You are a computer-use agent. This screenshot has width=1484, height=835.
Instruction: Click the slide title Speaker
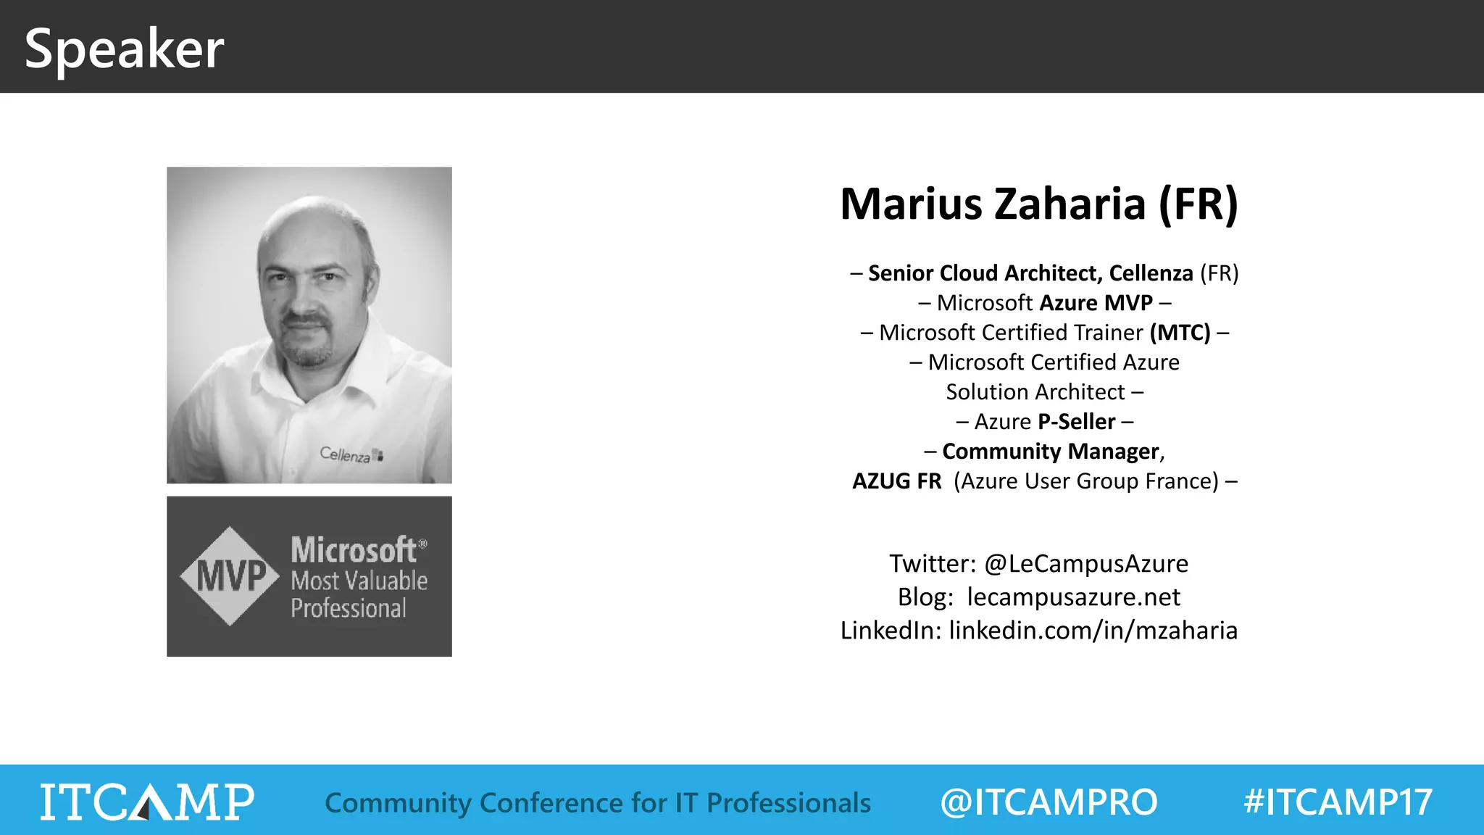[x=124, y=49]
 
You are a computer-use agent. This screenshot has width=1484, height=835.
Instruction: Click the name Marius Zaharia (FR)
[x=1038, y=204]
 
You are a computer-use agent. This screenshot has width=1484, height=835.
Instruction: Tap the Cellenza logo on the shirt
[x=351, y=454]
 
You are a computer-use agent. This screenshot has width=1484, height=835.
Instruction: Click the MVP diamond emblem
[x=230, y=576]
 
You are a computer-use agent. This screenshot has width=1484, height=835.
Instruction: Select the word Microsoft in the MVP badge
[x=354, y=550]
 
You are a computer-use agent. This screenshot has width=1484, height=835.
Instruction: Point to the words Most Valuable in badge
[x=359, y=581]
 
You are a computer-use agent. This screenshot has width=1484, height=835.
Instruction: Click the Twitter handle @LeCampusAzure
[x=1085, y=564]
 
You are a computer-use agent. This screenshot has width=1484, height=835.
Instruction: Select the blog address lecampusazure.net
[x=1073, y=597]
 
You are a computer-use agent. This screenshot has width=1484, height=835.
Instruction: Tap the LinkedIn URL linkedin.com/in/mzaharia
[x=1093, y=631]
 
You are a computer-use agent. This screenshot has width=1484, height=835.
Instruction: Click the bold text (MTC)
[x=1180, y=333]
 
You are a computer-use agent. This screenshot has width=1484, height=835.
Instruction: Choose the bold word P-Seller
[x=1076, y=422]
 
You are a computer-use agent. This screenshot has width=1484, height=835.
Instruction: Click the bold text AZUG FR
[x=896, y=481]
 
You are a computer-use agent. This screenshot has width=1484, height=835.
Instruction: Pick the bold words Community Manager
[x=1051, y=452]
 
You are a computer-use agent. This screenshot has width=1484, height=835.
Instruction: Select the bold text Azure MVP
[x=1096, y=303]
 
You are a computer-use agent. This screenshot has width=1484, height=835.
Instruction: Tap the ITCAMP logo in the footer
[x=147, y=802]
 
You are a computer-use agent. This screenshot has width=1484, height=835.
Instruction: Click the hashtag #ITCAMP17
[x=1338, y=802]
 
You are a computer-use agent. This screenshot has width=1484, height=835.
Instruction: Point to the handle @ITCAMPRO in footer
[x=1049, y=802]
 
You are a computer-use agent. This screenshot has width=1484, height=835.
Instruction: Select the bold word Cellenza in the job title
[x=1151, y=273]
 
